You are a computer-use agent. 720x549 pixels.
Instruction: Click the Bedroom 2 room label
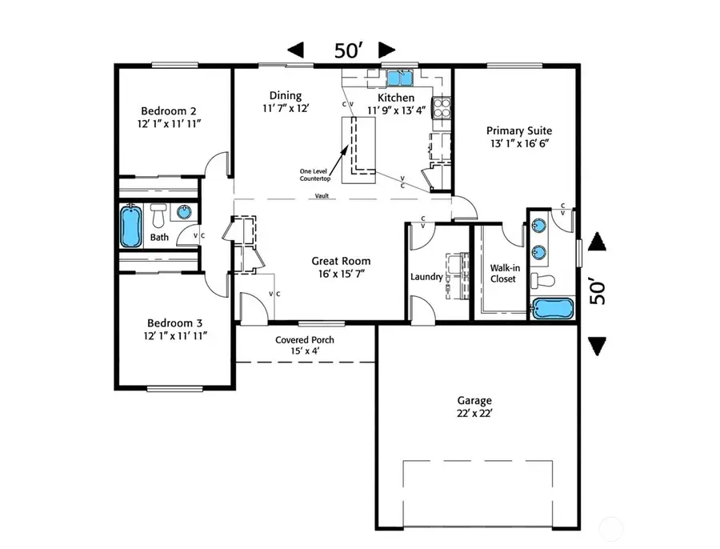pyautogui.click(x=169, y=110)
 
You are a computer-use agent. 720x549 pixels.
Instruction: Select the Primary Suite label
pyautogui.click(x=519, y=130)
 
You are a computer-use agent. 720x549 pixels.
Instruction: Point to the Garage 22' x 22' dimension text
pyautogui.click(x=475, y=414)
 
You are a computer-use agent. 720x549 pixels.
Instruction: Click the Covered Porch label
pyautogui.click(x=305, y=339)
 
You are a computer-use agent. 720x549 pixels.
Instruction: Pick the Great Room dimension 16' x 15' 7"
pyautogui.click(x=341, y=274)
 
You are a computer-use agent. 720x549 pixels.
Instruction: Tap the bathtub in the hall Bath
pyautogui.click(x=130, y=226)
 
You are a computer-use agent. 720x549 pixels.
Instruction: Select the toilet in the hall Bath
pyautogui.click(x=158, y=214)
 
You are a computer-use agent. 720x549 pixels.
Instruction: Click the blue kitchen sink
pyautogui.click(x=398, y=78)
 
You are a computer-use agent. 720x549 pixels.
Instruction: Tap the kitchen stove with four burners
pyautogui.click(x=441, y=106)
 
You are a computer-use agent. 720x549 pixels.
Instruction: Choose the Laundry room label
pyautogui.click(x=426, y=277)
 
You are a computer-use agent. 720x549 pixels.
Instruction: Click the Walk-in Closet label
pyautogui.click(x=503, y=273)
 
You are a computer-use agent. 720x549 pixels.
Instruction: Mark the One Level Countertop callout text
pyautogui.click(x=315, y=174)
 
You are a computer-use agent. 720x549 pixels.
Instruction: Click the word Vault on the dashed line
pyautogui.click(x=322, y=196)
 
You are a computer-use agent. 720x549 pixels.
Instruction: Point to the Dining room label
pyautogui.click(x=285, y=96)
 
